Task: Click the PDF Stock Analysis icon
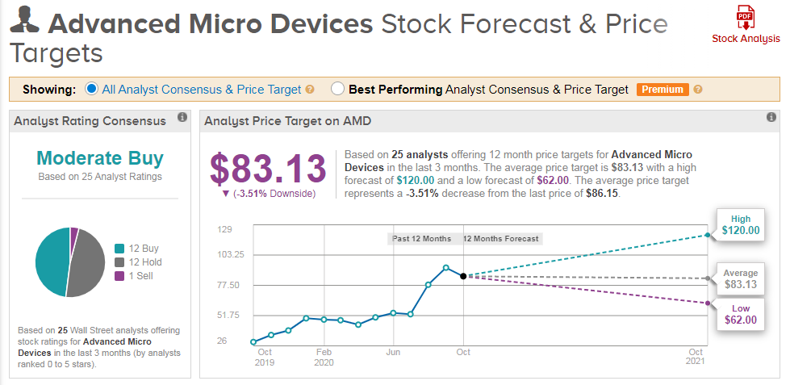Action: (x=746, y=18)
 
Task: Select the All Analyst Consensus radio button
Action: (x=91, y=89)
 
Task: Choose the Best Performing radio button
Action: (x=337, y=89)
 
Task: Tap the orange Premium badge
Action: (x=662, y=90)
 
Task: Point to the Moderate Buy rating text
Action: (x=100, y=158)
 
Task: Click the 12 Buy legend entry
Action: (x=140, y=249)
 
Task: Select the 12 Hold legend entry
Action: (x=140, y=262)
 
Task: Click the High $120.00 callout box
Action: (x=740, y=225)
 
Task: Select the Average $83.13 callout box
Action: (x=740, y=278)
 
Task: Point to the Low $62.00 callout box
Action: (x=740, y=314)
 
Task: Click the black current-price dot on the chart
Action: (x=463, y=276)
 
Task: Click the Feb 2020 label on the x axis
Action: (x=324, y=358)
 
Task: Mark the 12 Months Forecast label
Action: (x=501, y=239)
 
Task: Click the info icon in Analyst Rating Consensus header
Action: (x=182, y=118)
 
